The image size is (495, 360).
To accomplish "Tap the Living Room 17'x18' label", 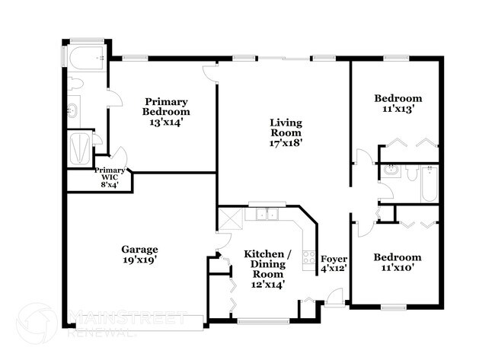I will point(286,132).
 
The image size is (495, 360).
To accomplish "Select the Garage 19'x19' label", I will point(139,254).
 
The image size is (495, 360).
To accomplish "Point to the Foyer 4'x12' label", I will point(334,263).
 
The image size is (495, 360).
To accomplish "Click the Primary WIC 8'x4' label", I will point(110,177).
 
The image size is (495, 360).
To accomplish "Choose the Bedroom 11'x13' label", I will point(398,104).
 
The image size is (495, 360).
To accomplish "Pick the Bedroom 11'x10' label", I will point(398,263).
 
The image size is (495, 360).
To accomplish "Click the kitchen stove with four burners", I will point(309,257).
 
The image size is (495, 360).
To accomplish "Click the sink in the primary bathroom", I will point(74,111).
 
